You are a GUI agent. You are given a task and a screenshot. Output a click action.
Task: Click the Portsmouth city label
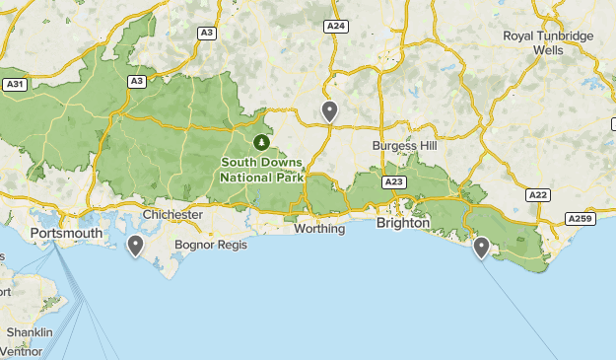coord(66,233)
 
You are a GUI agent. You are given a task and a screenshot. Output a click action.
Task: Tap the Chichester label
coord(172,214)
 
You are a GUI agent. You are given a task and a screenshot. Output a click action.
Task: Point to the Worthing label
coord(319,229)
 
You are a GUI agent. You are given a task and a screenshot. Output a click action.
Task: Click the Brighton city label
coord(403,223)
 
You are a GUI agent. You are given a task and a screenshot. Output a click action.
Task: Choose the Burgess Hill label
coord(405,145)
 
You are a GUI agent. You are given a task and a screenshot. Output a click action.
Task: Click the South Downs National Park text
coord(262,170)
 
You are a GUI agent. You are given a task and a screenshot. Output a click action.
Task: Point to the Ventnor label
coord(22,351)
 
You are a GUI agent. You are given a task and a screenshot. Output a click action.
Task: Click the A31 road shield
coord(14,84)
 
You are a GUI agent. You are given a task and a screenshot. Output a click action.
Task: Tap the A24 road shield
coord(335,26)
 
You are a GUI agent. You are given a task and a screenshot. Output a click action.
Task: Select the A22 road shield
coord(537,195)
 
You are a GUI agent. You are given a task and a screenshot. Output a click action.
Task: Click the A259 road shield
coord(580,218)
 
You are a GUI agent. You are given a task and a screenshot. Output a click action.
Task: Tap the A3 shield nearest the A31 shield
coord(136,81)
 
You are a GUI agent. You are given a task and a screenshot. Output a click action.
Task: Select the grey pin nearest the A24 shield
coord(329,111)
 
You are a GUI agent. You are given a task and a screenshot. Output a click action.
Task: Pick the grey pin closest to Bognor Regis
coord(136,245)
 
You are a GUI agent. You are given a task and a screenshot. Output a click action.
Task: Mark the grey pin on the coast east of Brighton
coord(481,247)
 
